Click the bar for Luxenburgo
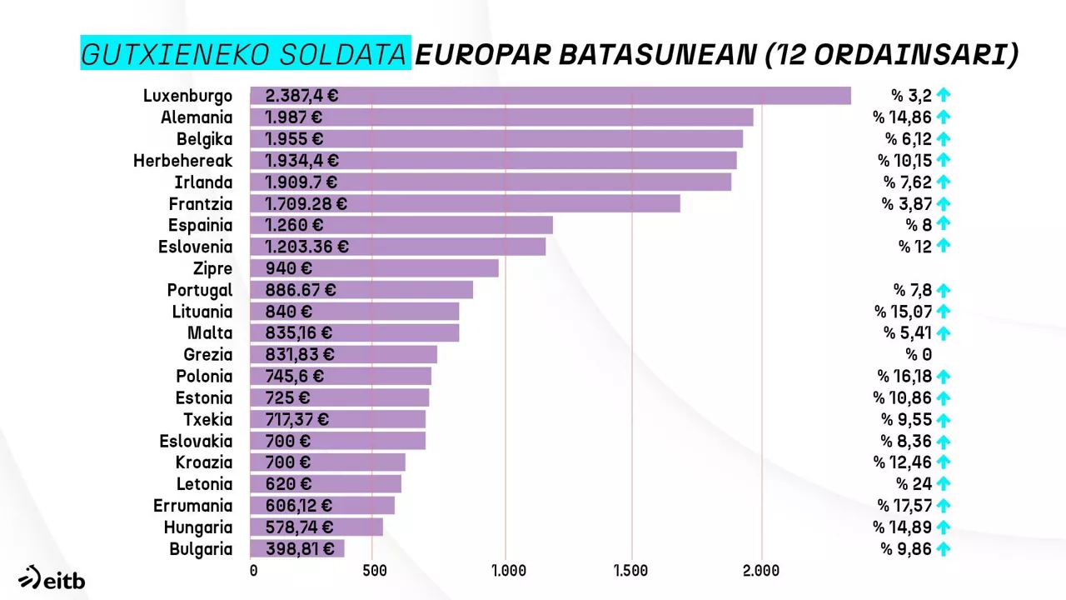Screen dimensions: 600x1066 [x=550, y=96]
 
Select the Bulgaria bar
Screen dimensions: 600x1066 [x=296, y=548]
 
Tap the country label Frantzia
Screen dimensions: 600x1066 [x=201, y=204]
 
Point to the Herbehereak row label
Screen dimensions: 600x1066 [x=182, y=161]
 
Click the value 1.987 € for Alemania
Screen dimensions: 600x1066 [x=293, y=117]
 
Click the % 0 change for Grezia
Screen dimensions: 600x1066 [x=919, y=354]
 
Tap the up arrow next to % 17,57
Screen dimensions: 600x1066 [x=943, y=505]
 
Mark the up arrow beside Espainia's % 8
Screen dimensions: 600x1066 [x=943, y=224]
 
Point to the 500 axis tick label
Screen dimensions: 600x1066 [x=375, y=571]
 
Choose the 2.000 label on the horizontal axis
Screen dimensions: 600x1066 [x=760, y=571]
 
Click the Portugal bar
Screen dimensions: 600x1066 [x=361, y=290]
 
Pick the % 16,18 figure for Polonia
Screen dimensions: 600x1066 [x=904, y=376]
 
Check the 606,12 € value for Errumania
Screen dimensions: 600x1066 [x=298, y=506]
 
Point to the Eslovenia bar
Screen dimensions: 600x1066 [x=398, y=247]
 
